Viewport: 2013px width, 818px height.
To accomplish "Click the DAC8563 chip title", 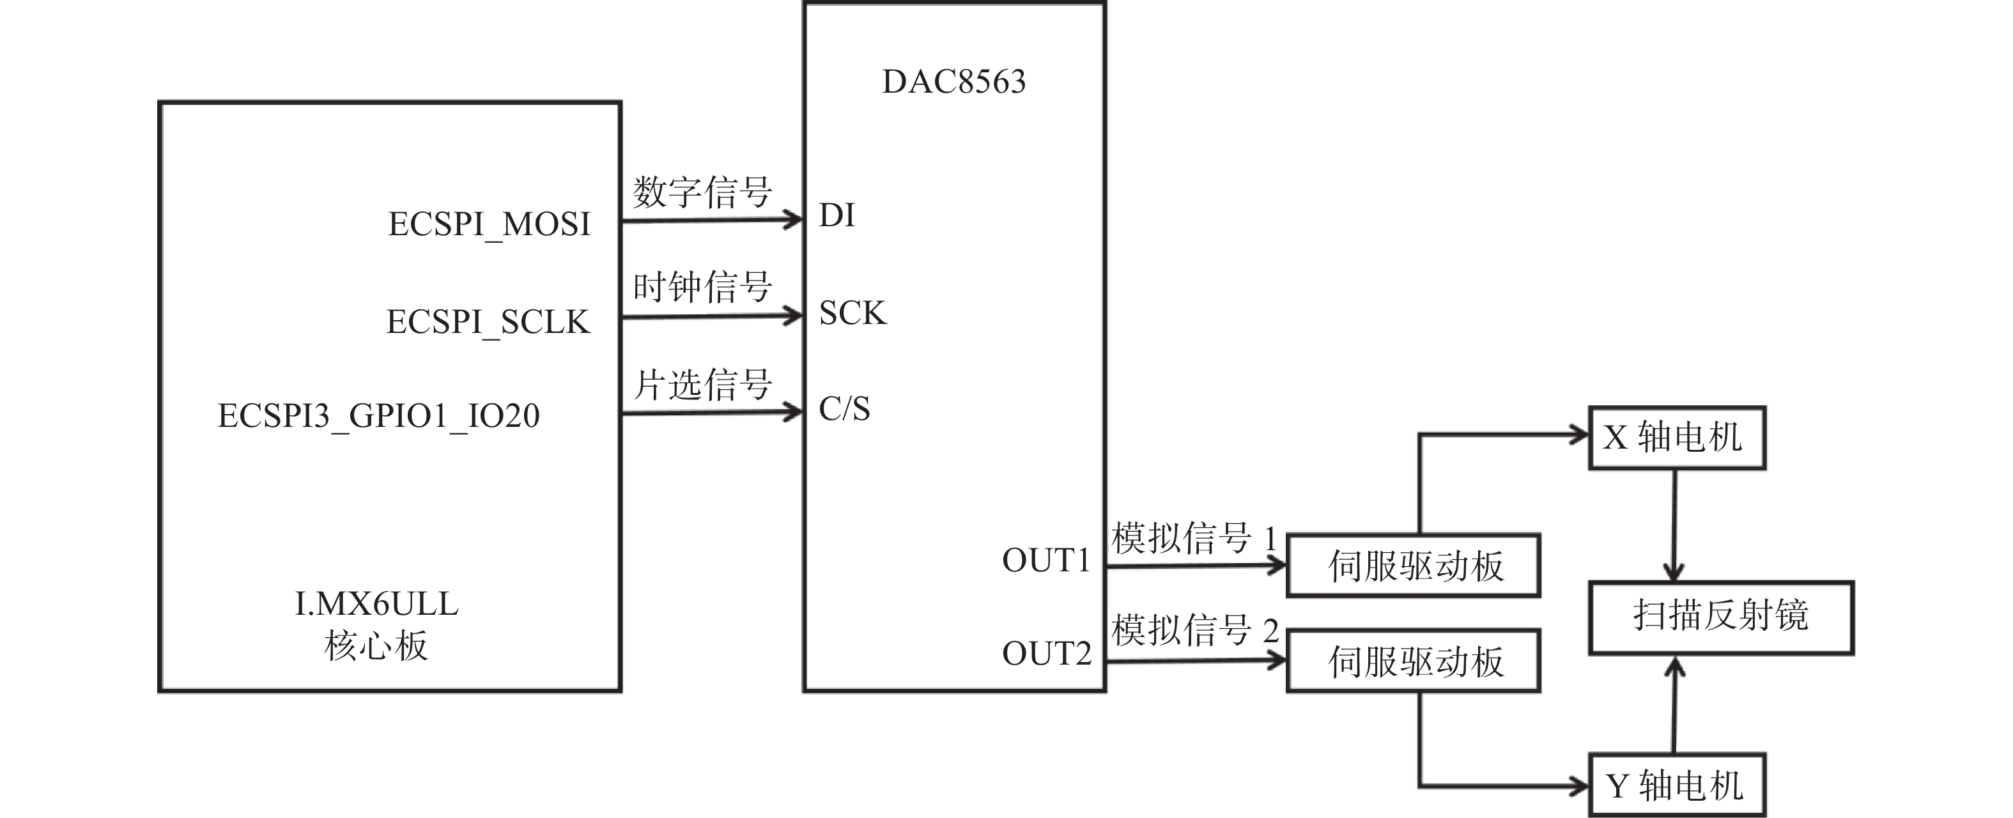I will click(x=953, y=82).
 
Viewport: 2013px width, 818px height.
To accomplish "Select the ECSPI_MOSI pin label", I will click(x=489, y=225).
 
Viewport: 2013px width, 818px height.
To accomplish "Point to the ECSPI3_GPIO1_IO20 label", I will click(x=378, y=415).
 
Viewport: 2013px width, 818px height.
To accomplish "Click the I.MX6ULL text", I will click(x=376, y=604).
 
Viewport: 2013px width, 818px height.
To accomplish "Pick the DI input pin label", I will click(x=837, y=215).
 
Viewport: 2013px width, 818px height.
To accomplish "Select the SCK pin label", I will click(x=852, y=313).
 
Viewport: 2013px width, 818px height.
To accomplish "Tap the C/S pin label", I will click(x=844, y=408).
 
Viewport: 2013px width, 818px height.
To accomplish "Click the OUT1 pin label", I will click(x=1045, y=561).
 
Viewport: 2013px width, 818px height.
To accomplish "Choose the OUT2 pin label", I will click(x=1046, y=654).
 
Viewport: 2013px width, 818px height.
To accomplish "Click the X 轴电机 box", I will click(x=1677, y=438).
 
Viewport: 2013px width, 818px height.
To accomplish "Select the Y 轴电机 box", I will click(x=1677, y=785).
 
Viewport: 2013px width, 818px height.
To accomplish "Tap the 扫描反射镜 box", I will click(x=1721, y=617).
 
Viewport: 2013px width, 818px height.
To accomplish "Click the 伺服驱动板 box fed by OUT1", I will click(x=1414, y=566).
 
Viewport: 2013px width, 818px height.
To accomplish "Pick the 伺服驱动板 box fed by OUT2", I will click(x=1414, y=661).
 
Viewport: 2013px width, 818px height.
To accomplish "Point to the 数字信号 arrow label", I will click(x=702, y=192).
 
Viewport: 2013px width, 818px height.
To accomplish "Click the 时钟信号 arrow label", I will click(x=702, y=288).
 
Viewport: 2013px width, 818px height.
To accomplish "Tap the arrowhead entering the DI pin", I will click(x=793, y=220).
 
